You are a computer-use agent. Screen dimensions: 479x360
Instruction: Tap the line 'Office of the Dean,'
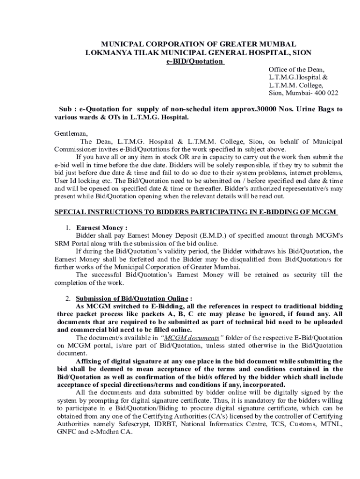tap(296, 70)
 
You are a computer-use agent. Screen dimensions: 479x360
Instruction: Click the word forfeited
tap(135, 259)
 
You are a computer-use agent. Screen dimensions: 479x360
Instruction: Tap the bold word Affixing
tap(91, 361)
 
